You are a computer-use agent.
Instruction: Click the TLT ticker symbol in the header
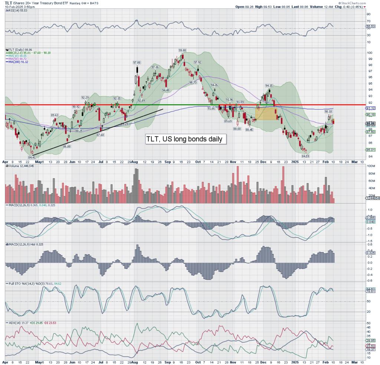[8, 2]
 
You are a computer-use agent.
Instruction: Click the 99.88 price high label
[182, 50]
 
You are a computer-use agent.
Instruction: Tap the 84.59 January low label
[305, 156]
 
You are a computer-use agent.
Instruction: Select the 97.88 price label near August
[137, 62]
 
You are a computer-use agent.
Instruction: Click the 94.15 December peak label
[269, 85]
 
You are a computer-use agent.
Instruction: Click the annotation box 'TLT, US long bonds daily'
[184, 139]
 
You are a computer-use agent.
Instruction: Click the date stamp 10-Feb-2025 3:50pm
[19, 7]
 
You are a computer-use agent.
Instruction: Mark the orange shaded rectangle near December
[266, 113]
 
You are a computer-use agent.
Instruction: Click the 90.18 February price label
[328, 111]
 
